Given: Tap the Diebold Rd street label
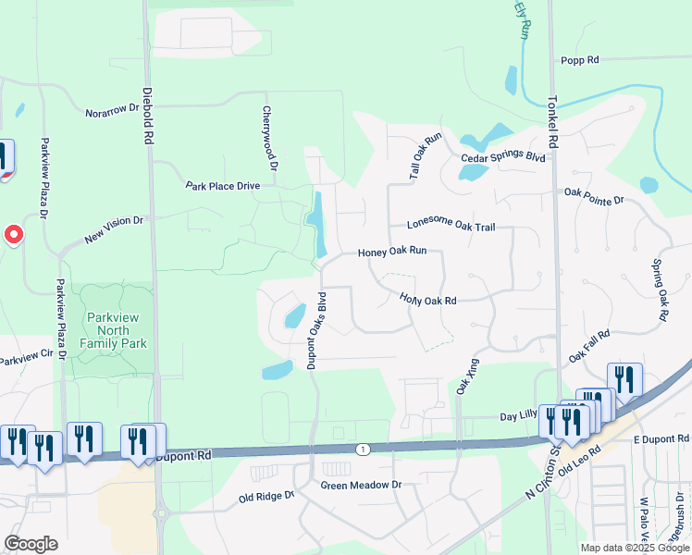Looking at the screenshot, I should [x=147, y=116].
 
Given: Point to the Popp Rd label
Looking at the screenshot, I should [x=580, y=60].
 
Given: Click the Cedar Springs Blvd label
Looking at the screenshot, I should [x=503, y=156].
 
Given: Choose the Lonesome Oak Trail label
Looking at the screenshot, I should [x=458, y=226].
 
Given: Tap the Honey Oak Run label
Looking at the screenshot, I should [x=392, y=252].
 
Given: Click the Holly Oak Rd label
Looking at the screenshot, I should [x=428, y=300].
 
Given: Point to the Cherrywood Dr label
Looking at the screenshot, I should [x=269, y=139].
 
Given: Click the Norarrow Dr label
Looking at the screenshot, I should [x=111, y=108].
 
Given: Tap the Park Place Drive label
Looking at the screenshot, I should [x=223, y=186].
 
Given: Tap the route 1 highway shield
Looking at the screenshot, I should [x=363, y=449].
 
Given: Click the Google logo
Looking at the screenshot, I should [x=31, y=544].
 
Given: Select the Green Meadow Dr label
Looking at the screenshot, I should [x=362, y=485].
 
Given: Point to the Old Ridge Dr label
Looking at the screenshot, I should [x=266, y=497].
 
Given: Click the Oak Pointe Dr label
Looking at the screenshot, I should [x=594, y=196].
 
